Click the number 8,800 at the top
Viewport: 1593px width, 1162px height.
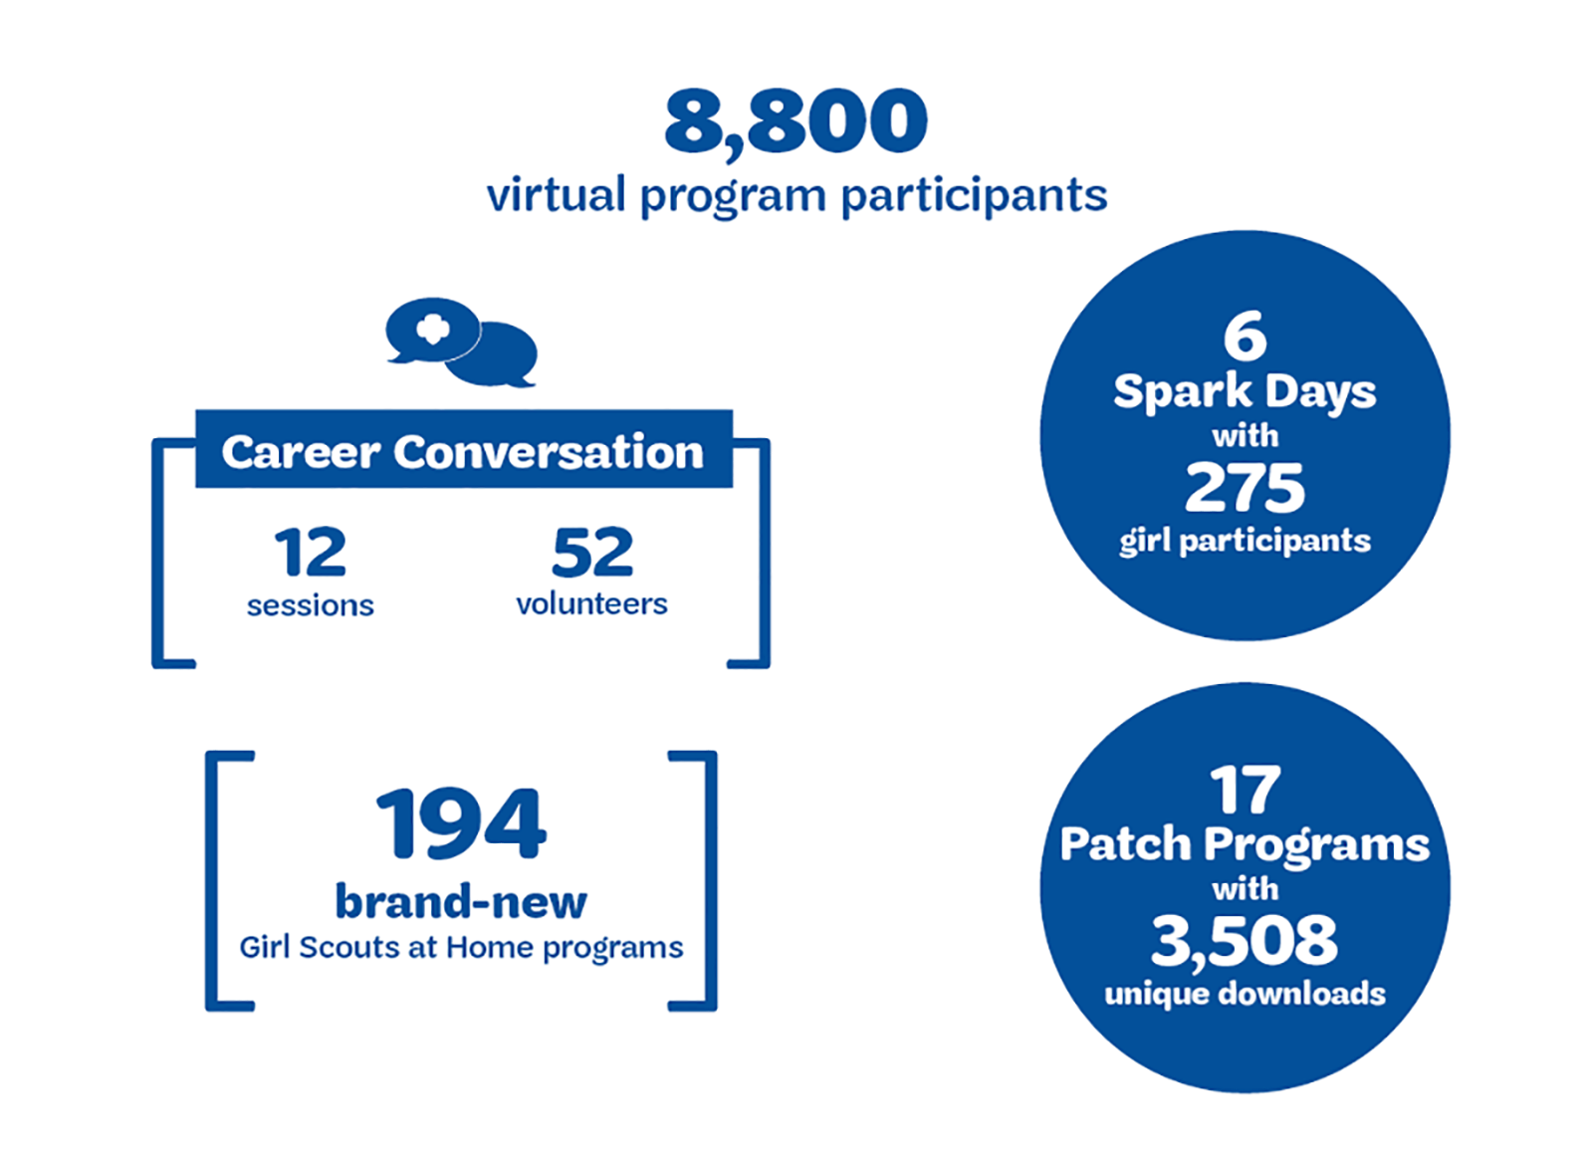point(796,121)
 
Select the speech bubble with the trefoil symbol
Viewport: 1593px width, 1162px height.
point(433,330)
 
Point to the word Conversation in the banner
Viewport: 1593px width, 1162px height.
point(549,452)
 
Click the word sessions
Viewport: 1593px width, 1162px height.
point(310,605)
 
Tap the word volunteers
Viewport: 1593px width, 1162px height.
point(591,603)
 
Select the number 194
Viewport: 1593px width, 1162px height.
point(461,822)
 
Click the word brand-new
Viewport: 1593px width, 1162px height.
point(461,902)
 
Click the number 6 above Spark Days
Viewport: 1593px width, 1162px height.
point(1246,337)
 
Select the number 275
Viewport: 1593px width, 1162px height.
point(1245,487)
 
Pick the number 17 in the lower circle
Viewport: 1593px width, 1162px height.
point(1246,790)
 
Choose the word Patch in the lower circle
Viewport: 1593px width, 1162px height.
point(1125,844)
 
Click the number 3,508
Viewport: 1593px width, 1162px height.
point(1244,941)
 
